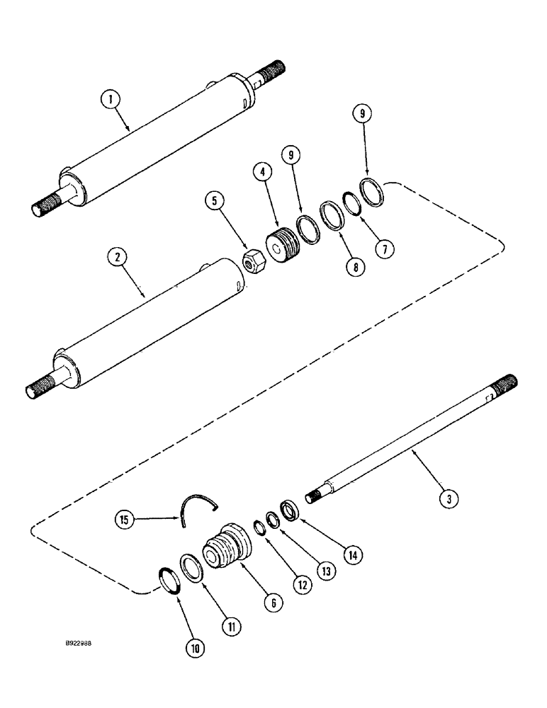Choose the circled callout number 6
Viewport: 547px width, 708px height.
tap(273, 603)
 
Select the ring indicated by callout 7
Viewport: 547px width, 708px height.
tap(352, 203)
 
